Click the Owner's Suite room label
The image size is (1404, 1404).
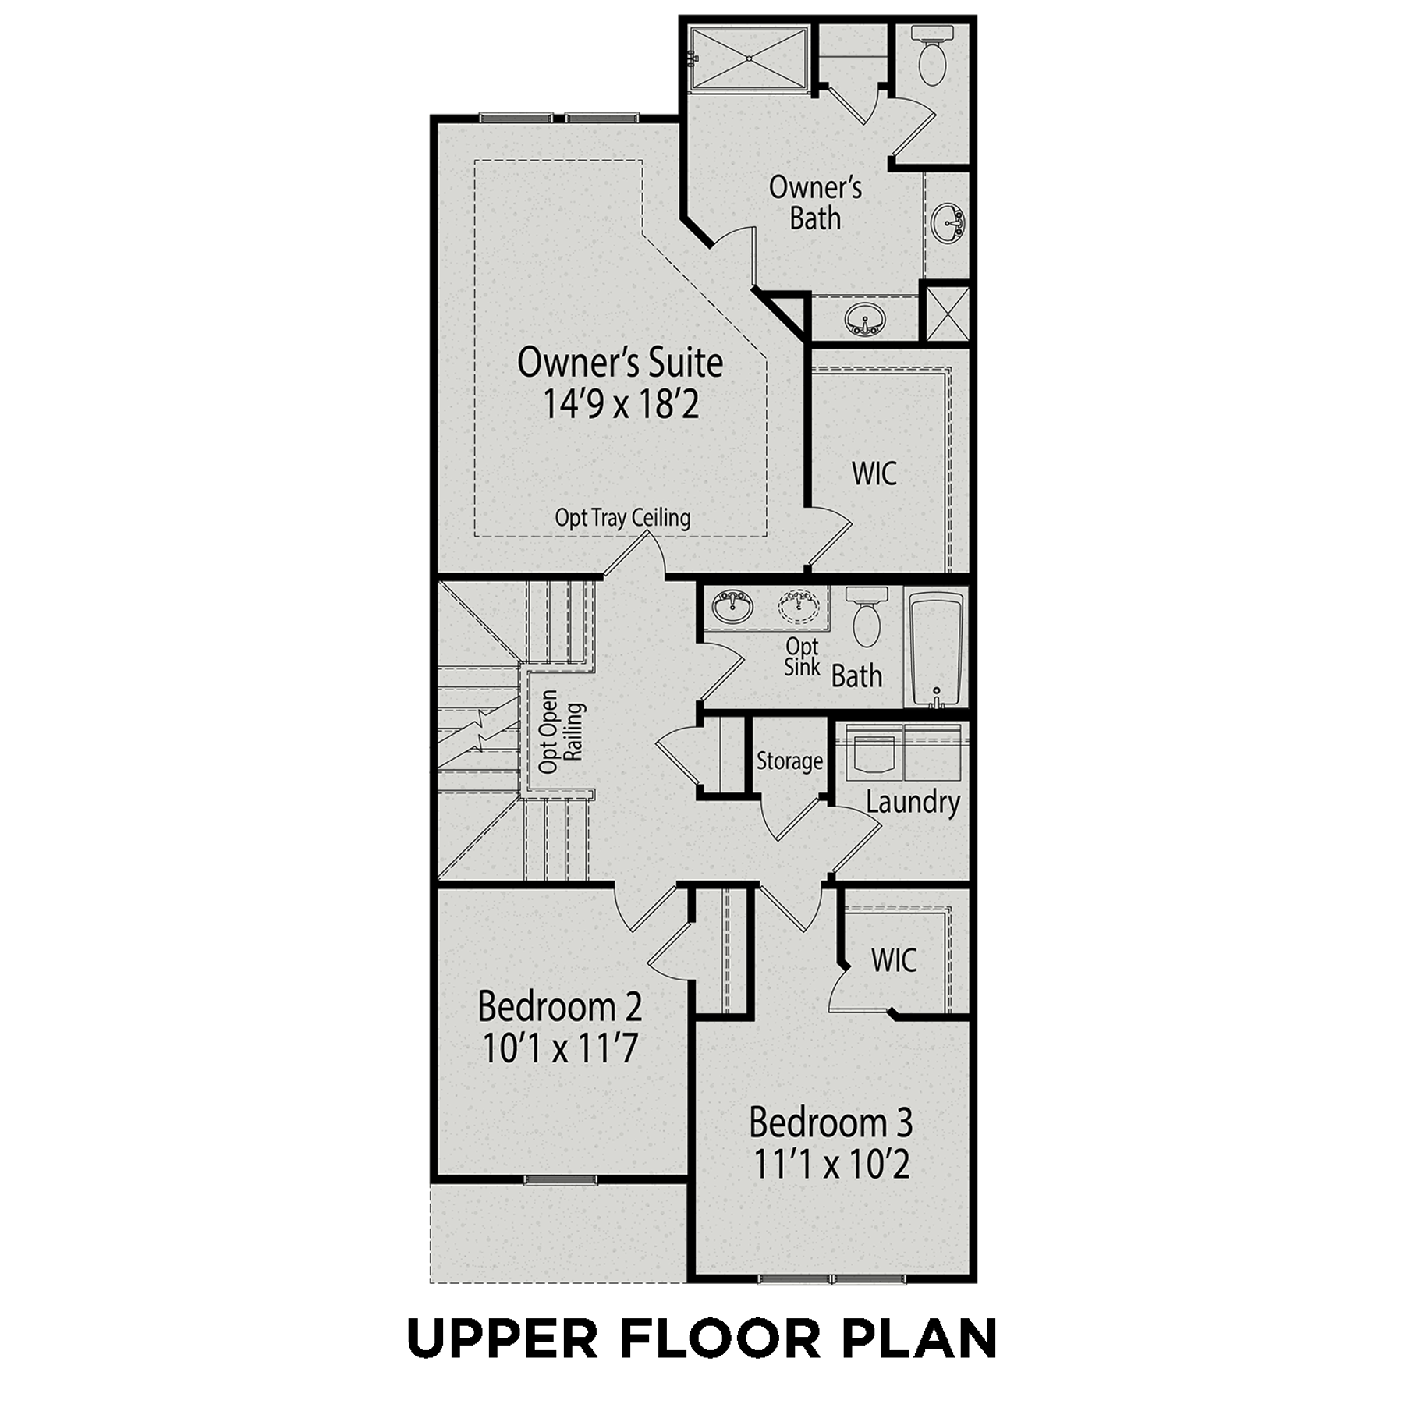[x=620, y=363]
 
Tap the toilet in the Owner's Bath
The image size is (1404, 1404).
[x=932, y=55]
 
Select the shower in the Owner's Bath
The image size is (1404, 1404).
[x=750, y=59]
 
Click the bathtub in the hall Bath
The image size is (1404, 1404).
[x=937, y=651]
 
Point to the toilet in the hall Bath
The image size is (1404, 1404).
[x=867, y=617]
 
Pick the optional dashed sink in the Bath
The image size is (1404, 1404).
[x=798, y=606]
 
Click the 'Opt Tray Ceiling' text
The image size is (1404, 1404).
[x=622, y=518]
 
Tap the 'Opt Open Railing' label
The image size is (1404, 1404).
[x=561, y=732]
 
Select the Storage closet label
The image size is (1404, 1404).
[x=789, y=760]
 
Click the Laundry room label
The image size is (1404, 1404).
[x=913, y=802]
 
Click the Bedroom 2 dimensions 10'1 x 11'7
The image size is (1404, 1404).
[x=560, y=1048]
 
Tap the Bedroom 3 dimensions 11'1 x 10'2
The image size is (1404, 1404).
[x=831, y=1165]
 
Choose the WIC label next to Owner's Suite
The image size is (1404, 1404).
[x=874, y=473]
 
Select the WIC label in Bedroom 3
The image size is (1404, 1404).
[x=894, y=960]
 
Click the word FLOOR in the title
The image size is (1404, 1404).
[x=721, y=1338]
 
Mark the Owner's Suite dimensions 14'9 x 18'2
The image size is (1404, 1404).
[x=620, y=404]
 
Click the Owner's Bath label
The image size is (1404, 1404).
[x=815, y=203]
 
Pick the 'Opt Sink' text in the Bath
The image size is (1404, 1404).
[x=802, y=656]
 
